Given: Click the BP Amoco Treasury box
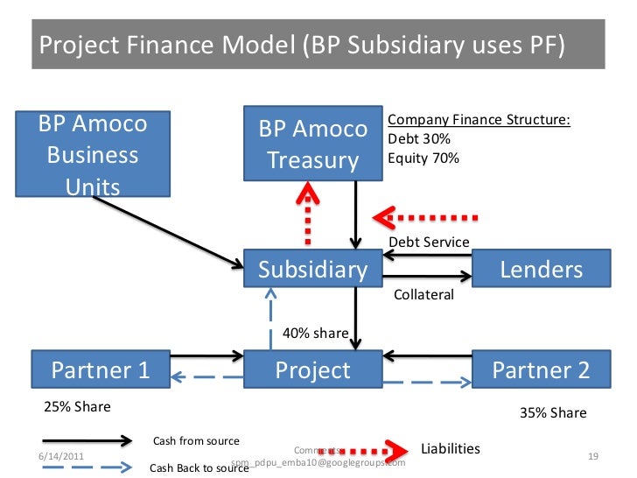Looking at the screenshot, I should (x=312, y=144).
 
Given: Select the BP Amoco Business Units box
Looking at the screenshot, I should (x=93, y=154).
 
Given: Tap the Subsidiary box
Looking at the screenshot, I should (x=312, y=270).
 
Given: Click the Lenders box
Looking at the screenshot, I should (x=541, y=270).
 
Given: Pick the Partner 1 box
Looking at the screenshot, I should (x=100, y=370).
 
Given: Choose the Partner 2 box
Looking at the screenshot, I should (x=541, y=370).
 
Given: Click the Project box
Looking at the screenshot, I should (x=312, y=370).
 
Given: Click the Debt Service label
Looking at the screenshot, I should (x=429, y=242).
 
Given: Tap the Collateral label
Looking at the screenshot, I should (x=423, y=295).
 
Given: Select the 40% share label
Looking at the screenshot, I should (x=317, y=333).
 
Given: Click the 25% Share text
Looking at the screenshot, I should (x=78, y=407).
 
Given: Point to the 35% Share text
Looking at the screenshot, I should (x=553, y=412).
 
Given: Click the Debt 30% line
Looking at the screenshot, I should (x=419, y=139).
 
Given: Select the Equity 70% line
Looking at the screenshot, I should (x=423, y=158).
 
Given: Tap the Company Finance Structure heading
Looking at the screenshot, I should (x=479, y=120).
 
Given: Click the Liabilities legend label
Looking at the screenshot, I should (x=451, y=448).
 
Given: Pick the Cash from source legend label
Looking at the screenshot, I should (x=196, y=439).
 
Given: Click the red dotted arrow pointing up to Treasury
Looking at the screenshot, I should (x=308, y=214).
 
